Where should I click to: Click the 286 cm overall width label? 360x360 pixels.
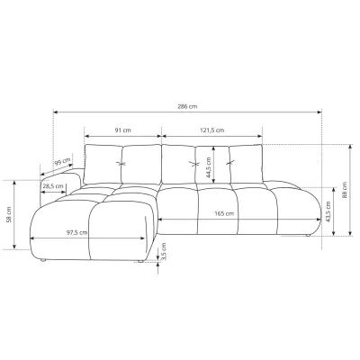click(x=187, y=106)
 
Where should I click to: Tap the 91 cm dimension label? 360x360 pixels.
click(x=123, y=130)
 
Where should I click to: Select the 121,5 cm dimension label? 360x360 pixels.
click(x=212, y=130)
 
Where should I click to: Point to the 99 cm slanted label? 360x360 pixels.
click(x=63, y=162)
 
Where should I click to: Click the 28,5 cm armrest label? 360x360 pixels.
click(x=53, y=186)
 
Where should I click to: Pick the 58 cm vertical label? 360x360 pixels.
click(x=9, y=214)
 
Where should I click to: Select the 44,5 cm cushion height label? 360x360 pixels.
click(x=209, y=167)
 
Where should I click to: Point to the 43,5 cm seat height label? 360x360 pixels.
click(x=328, y=211)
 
